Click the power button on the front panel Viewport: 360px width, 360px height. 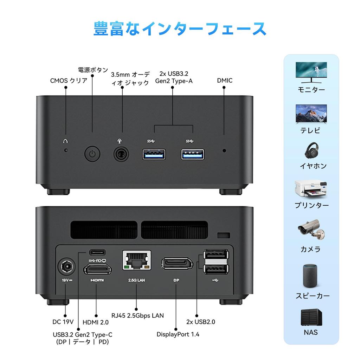92,154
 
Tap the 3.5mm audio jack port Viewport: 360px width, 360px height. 121,154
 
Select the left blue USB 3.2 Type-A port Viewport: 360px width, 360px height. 154,154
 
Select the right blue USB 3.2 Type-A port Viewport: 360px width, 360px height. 193,154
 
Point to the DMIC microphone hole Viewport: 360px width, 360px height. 225,151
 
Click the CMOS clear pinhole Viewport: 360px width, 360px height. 65,150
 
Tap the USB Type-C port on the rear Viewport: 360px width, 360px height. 97,252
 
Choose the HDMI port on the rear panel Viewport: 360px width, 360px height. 97,270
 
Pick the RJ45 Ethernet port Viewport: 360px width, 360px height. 136,260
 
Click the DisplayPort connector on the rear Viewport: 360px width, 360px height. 177,263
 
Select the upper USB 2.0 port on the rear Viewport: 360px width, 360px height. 216,255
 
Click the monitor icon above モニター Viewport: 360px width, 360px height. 311,72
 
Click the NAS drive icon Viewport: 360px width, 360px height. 311,317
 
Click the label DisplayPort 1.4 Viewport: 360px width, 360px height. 178,334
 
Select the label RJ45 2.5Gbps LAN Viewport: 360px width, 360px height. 137,315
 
